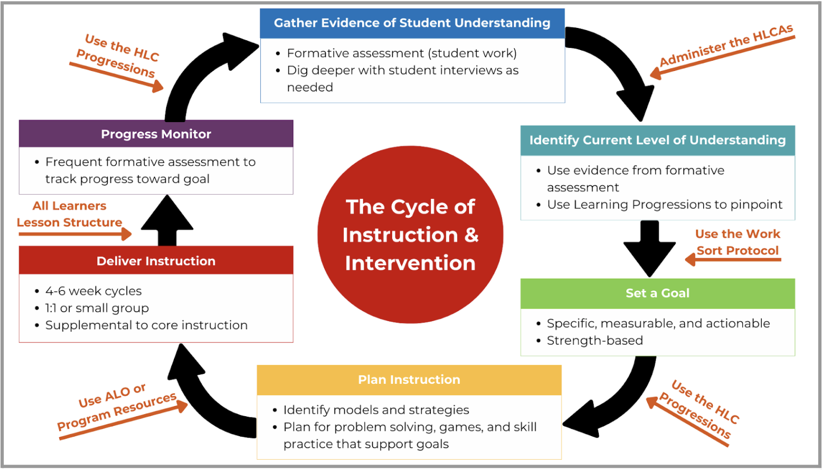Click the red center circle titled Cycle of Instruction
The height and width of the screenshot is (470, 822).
coord(410,234)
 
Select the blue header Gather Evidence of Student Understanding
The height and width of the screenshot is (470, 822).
coord(412,23)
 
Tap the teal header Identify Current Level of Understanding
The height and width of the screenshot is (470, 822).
coord(657,140)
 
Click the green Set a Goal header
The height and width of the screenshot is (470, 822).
coord(657,293)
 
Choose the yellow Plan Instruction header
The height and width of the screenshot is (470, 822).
coord(409,380)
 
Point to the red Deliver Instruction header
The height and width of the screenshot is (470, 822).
coord(156,261)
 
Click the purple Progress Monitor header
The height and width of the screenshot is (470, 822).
coord(156,134)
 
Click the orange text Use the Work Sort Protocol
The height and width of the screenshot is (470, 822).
coord(737,243)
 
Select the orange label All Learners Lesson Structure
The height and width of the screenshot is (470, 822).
coord(69,214)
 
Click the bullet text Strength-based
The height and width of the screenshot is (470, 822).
coord(594,340)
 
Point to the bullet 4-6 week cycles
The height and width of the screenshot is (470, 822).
coord(93,291)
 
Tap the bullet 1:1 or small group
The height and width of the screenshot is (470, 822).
coord(97,308)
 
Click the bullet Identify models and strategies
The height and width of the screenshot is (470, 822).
coord(376,410)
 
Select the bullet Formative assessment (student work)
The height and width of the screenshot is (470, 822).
coord(401,53)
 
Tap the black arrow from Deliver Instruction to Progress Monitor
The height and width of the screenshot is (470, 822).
coord(167,221)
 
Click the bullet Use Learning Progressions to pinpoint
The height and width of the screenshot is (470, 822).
coord(664,204)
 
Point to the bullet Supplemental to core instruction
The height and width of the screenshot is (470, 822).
coord(146,325)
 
